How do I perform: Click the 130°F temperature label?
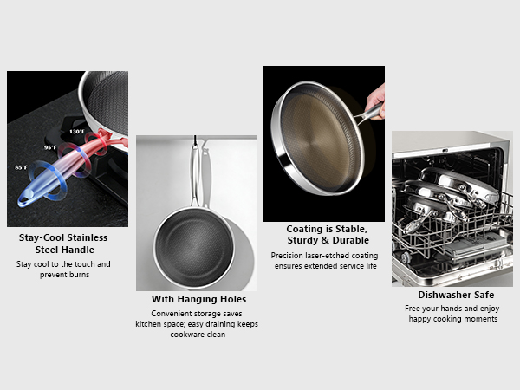[x=76, y=131]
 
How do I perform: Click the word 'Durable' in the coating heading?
[x=350, y=240]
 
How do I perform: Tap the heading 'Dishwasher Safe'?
[x=452, y=295]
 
